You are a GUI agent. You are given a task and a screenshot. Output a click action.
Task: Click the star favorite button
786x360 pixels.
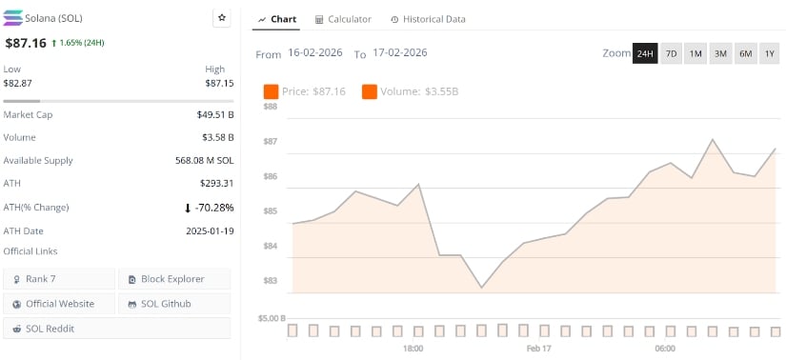(x=222, y=18)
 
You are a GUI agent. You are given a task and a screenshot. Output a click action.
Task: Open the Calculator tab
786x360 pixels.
(x=343, y=19)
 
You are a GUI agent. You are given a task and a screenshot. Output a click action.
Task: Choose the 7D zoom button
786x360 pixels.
(x=671, y=53)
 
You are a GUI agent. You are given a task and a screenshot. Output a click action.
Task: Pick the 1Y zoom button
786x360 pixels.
(x=769, y=53)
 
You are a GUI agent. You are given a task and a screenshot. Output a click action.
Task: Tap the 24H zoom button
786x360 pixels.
(x=645, y=53)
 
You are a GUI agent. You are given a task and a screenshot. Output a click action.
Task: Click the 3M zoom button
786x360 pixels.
(x=720, y=53)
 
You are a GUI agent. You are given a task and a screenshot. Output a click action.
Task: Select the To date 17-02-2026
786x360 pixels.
(x=400, y=53)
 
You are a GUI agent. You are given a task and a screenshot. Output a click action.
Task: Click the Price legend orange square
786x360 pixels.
(x=271, y=91)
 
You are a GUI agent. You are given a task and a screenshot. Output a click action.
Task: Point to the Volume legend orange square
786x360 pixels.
(x=369, y=91)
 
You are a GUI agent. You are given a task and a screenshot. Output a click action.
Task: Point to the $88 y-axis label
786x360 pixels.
(x=270, y=107)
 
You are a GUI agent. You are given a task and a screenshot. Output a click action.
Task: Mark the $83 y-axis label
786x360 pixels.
(x=270, y=281)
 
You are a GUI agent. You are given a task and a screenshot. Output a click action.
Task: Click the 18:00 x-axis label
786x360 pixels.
(x=413, y=349)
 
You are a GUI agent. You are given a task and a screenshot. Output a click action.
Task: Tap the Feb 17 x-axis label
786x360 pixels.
(x=538, y=349)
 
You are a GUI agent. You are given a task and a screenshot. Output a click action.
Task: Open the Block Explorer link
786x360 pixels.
(x=174, y=279)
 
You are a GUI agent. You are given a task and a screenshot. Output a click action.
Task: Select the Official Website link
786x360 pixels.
(x=60, y=304)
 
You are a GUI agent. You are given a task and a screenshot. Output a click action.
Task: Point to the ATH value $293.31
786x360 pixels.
(x=214, y=184)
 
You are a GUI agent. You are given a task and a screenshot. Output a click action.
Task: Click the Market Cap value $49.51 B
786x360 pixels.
(x=214, y=114)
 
